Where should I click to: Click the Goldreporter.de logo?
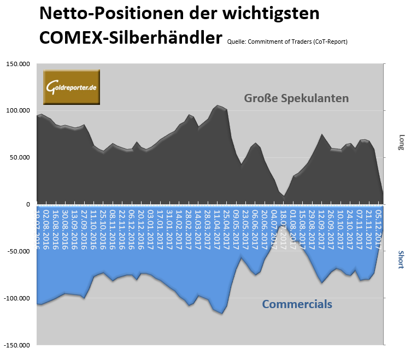pos(72,87)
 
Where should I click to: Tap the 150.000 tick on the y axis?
pos(18,64)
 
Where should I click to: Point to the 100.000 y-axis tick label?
pos(18,111)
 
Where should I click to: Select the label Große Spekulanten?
pos(296,98)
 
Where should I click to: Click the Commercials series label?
pos(297,304)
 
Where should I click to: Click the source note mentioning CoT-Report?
pos(287,42)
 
